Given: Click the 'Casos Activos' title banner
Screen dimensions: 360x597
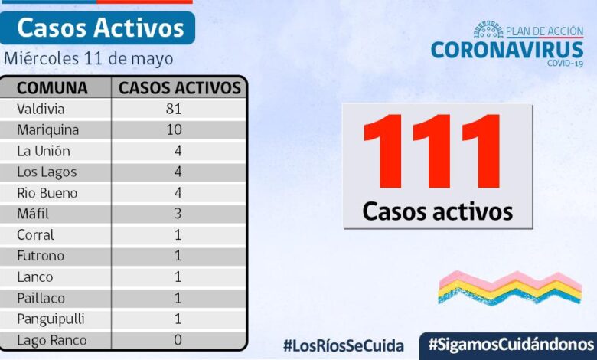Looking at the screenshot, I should point(99,28).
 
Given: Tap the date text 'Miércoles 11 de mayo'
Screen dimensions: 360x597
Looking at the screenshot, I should point(88,58).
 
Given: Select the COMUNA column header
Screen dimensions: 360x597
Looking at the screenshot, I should point(52,88).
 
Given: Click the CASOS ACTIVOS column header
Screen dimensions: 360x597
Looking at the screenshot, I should point(180,88).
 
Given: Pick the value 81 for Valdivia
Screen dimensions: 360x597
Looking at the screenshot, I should point(173,109).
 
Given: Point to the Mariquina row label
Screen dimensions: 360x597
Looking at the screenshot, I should point(47,130).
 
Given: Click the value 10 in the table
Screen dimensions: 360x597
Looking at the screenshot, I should point(173,130).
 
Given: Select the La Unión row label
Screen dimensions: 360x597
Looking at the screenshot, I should point(44,151).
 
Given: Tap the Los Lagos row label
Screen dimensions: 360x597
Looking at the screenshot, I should point(47,172).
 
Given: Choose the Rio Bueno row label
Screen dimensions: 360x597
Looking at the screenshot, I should point(47,193).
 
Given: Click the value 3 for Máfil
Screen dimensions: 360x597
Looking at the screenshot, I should point(177,214).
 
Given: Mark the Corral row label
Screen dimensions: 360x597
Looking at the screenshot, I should point(35,235).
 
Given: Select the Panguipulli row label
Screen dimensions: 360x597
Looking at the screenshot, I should point(51,319).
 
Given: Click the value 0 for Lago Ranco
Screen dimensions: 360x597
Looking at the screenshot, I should point(178,340).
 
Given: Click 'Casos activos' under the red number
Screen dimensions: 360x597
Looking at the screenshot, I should point(437,211).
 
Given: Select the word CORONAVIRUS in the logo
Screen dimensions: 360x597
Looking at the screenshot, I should point(507,50).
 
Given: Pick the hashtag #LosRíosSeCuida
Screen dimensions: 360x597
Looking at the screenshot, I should point(344,345).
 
